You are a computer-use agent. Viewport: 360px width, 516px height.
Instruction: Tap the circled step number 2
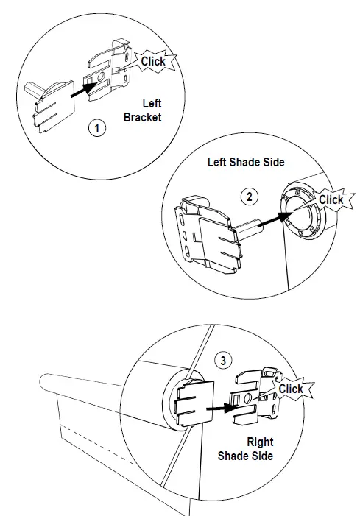(x=250, y=197)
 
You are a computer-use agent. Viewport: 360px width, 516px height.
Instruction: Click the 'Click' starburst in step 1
(x=152, y=62)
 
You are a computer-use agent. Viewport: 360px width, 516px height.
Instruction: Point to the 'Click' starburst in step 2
(x=330, y=199)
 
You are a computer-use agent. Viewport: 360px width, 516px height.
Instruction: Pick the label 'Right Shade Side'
(x=245, y=449)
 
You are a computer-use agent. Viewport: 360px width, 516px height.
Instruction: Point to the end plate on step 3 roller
(x=192, y=406)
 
